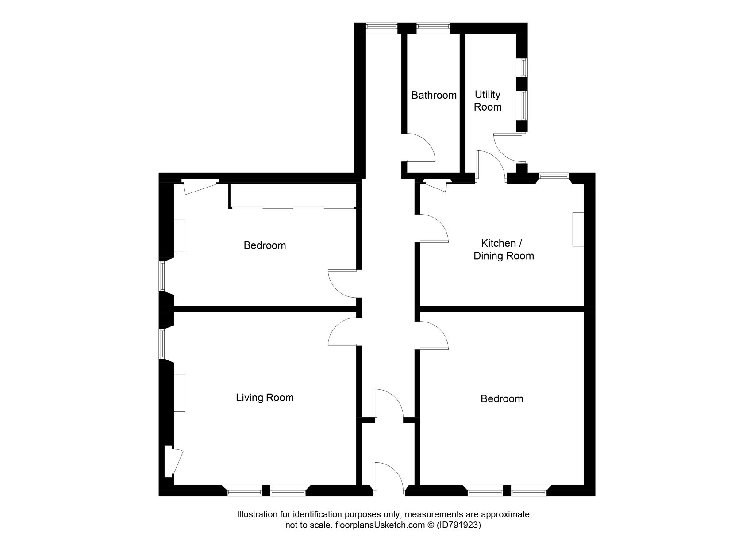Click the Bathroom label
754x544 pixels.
(434, 95)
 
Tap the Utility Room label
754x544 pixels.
(488, 101)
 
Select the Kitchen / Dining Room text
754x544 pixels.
(504, 249)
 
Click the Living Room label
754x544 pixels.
(265, 398)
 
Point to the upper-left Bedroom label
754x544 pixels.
(265, 245)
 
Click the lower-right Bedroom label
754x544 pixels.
(502, 399)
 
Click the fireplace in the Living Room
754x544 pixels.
(179, 393)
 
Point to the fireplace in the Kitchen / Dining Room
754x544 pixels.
(578, 229)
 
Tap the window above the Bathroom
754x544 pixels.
(433, 28)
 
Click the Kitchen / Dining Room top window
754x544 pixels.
(554, 176)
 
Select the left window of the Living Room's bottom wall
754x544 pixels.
(244, 490)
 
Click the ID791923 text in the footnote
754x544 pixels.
(458, 526)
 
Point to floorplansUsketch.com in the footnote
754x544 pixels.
(380, 526)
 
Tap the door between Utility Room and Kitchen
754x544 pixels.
(489, 165)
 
